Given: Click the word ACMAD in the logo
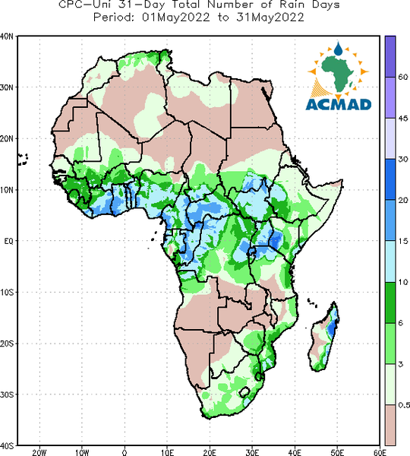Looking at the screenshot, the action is (x=339, y=105).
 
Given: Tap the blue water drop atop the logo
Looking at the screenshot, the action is (x=338, y=49).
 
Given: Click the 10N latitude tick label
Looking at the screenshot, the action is (x=7, y=189).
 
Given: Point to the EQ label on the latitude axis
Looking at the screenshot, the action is (x=8, y=241).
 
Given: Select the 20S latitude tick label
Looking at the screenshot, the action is (x=7, y=344).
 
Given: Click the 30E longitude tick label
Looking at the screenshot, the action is (x=252, y=452).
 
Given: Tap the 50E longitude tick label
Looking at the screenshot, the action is (x=337, y=452).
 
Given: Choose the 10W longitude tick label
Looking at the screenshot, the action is (x=82, y=452).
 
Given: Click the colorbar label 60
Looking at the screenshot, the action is (x=403, y=77).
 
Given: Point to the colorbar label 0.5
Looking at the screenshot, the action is (x=404, y=405).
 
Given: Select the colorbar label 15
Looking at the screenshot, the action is (x=402, y=241).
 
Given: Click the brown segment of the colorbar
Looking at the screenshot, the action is (x=390, y=425).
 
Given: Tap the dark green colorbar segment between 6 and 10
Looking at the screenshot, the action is (x=390, y=302).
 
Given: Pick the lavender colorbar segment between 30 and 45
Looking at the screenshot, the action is (x=390, y=138).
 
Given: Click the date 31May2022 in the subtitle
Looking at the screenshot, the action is (x=270, y=17).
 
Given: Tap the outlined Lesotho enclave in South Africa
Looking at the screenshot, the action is (x=244, y=392).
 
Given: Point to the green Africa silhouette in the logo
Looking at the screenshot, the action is (x=338, y=73).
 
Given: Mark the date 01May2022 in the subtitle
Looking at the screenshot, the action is (x=175, y=17).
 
